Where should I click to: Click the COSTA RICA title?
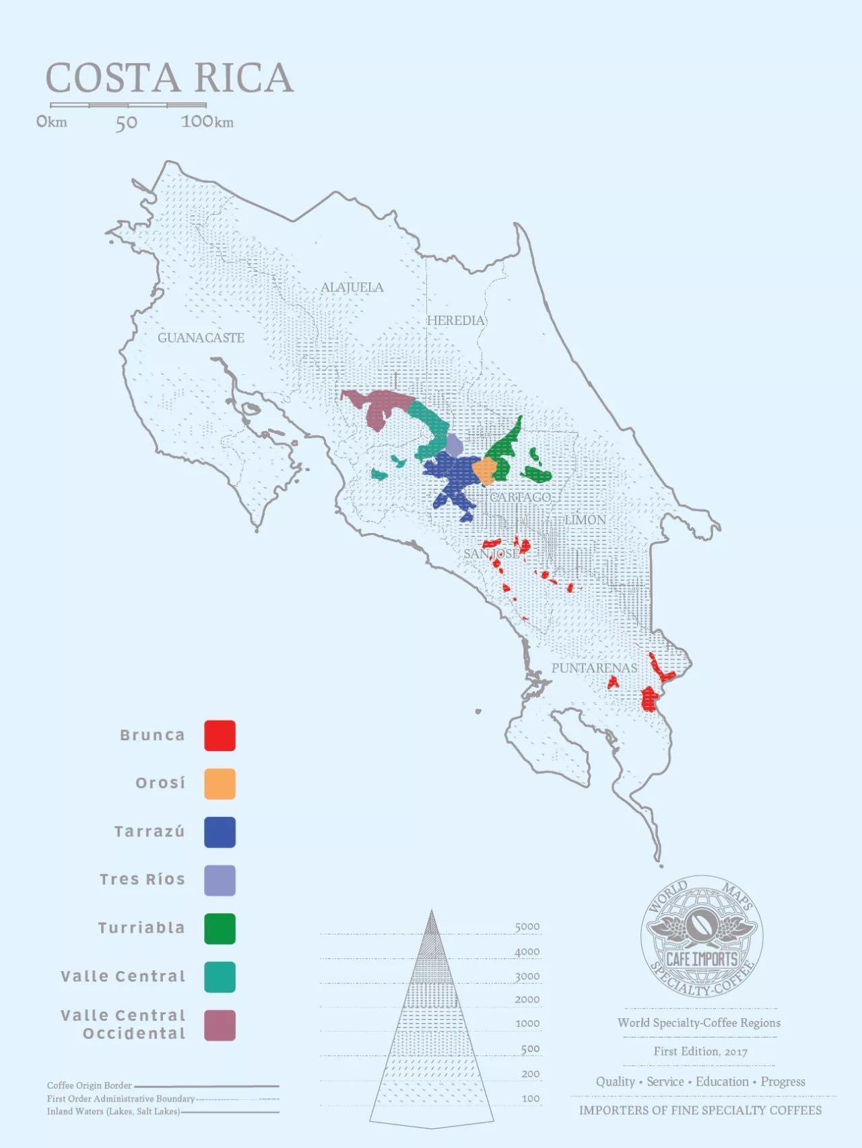click(x=169, y=78)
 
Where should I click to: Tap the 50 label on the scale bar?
click(x=126, y=122)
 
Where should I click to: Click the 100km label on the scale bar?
click(x=207, y=122)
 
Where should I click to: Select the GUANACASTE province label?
click(x=201, y=338)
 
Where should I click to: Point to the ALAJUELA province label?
click(x=352, y=287)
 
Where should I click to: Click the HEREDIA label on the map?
click(x=456, y=320)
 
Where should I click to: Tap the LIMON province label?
click(x=585, y=520)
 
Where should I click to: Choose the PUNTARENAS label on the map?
click(x=594, y=668)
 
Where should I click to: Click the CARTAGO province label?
click(x=520, y=497)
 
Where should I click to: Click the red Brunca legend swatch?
click(x=220, y=736)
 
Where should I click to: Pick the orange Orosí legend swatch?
click(x=220, y=784)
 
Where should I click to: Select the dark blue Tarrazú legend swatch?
click(x=220, y=832)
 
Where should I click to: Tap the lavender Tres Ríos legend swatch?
click(x=220, y=880)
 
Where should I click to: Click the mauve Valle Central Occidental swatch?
click(x=220, y=1025)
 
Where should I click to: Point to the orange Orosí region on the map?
click(x=484, y=470)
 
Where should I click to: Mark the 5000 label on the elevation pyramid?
click(x=527, y=927)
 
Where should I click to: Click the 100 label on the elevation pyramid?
click(x=530, y=1098)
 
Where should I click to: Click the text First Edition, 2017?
click(x=700, y=1051)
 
